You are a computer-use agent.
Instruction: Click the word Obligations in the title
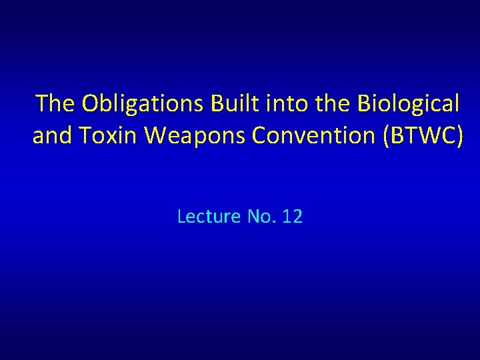(x=143, y=104)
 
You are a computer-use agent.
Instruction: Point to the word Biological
(x=408, y=104)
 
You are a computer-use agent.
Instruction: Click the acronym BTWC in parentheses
(x=420, y=136)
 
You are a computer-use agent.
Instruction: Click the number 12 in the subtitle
(x=292, y=217)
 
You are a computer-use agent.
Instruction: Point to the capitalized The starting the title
(x=56, y=104)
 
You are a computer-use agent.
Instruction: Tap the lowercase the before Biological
(x=335, y=104)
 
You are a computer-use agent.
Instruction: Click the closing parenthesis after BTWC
(x=458, y=136)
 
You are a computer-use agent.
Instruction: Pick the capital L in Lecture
(x=181, y=217)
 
